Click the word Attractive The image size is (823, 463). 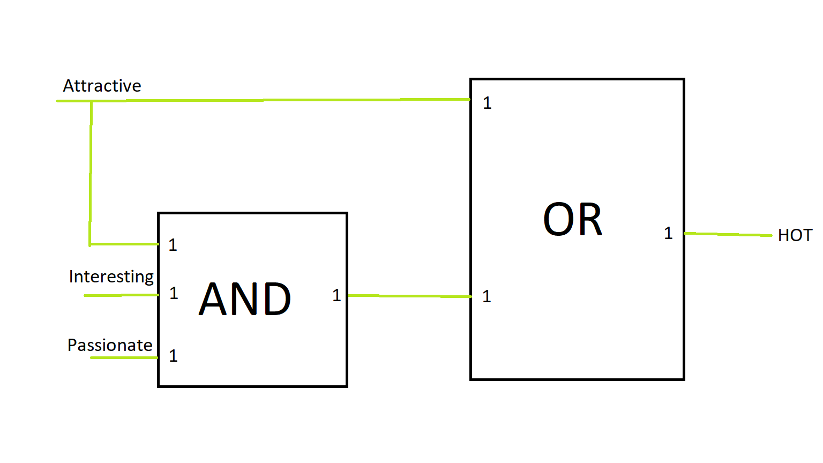click(102, 86)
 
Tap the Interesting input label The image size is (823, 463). click(111, 277)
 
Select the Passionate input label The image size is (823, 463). click(110, 345)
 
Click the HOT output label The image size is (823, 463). click(795, 235)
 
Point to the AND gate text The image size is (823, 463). click(245, 299)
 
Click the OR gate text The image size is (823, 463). click(572, 220)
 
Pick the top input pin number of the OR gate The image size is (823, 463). click(487, 103)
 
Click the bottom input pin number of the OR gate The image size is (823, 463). click(487, 296)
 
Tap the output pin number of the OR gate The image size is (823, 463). click(668, 233)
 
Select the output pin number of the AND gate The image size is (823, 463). click(336, 295)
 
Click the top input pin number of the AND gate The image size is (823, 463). click(173, 245)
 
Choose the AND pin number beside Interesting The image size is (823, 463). click(174, 293)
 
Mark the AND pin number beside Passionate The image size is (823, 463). click(173, 356)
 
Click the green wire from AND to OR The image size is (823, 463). click(410, 296)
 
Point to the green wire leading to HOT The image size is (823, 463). click(729, 234)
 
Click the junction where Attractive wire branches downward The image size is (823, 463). click(91, 101)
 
